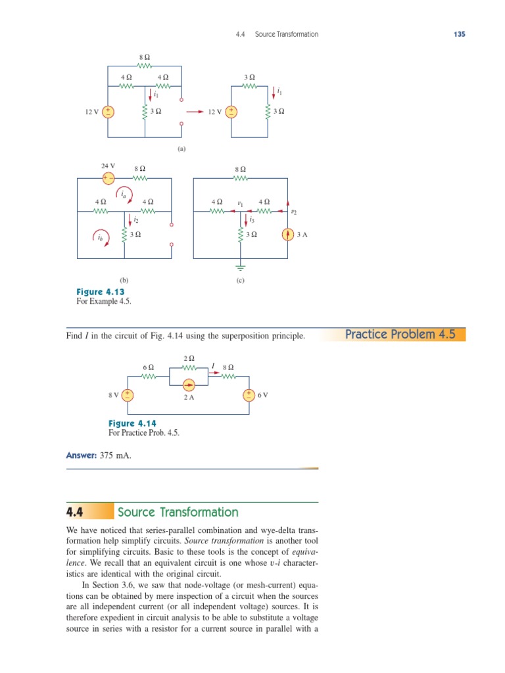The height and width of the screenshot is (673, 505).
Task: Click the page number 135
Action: [x=459, y=34]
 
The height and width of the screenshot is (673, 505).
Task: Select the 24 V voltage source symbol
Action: [x=108, y=177]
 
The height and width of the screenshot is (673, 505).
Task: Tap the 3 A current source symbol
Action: [x=287, y=234]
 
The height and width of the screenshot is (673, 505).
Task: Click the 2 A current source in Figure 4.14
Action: [x=189, y=384]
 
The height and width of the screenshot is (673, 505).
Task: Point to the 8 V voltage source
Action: [x=128, y=395]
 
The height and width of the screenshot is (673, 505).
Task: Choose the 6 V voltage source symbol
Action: [x=249, y=395]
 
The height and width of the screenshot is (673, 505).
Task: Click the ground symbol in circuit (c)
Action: [x=241, y=268]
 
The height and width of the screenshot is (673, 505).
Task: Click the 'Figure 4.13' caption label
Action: [x=101, y=292]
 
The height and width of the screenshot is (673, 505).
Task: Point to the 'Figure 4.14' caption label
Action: [x=132, y=424]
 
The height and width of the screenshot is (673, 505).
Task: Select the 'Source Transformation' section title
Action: [x=178, y=513]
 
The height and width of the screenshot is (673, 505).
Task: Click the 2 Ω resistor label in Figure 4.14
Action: [x=189, y=359]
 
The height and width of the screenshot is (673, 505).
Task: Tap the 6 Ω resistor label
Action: [x=149, y=367]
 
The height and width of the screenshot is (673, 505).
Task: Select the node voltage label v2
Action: [x=293, y=212]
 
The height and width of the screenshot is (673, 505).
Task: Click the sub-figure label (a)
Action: [x=181, y=149]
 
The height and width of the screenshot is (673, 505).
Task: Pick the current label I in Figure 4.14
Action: [x=213, y=365]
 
